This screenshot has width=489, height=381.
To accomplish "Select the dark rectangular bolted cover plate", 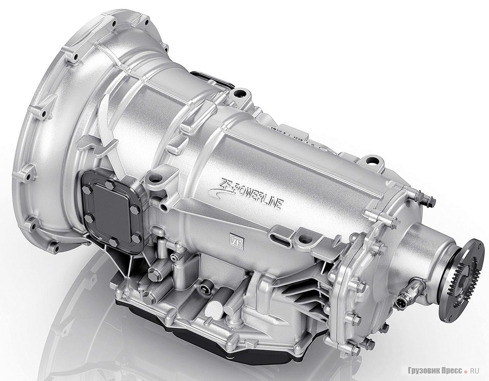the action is (111, 211).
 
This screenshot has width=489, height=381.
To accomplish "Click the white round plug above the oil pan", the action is (213, 308).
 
